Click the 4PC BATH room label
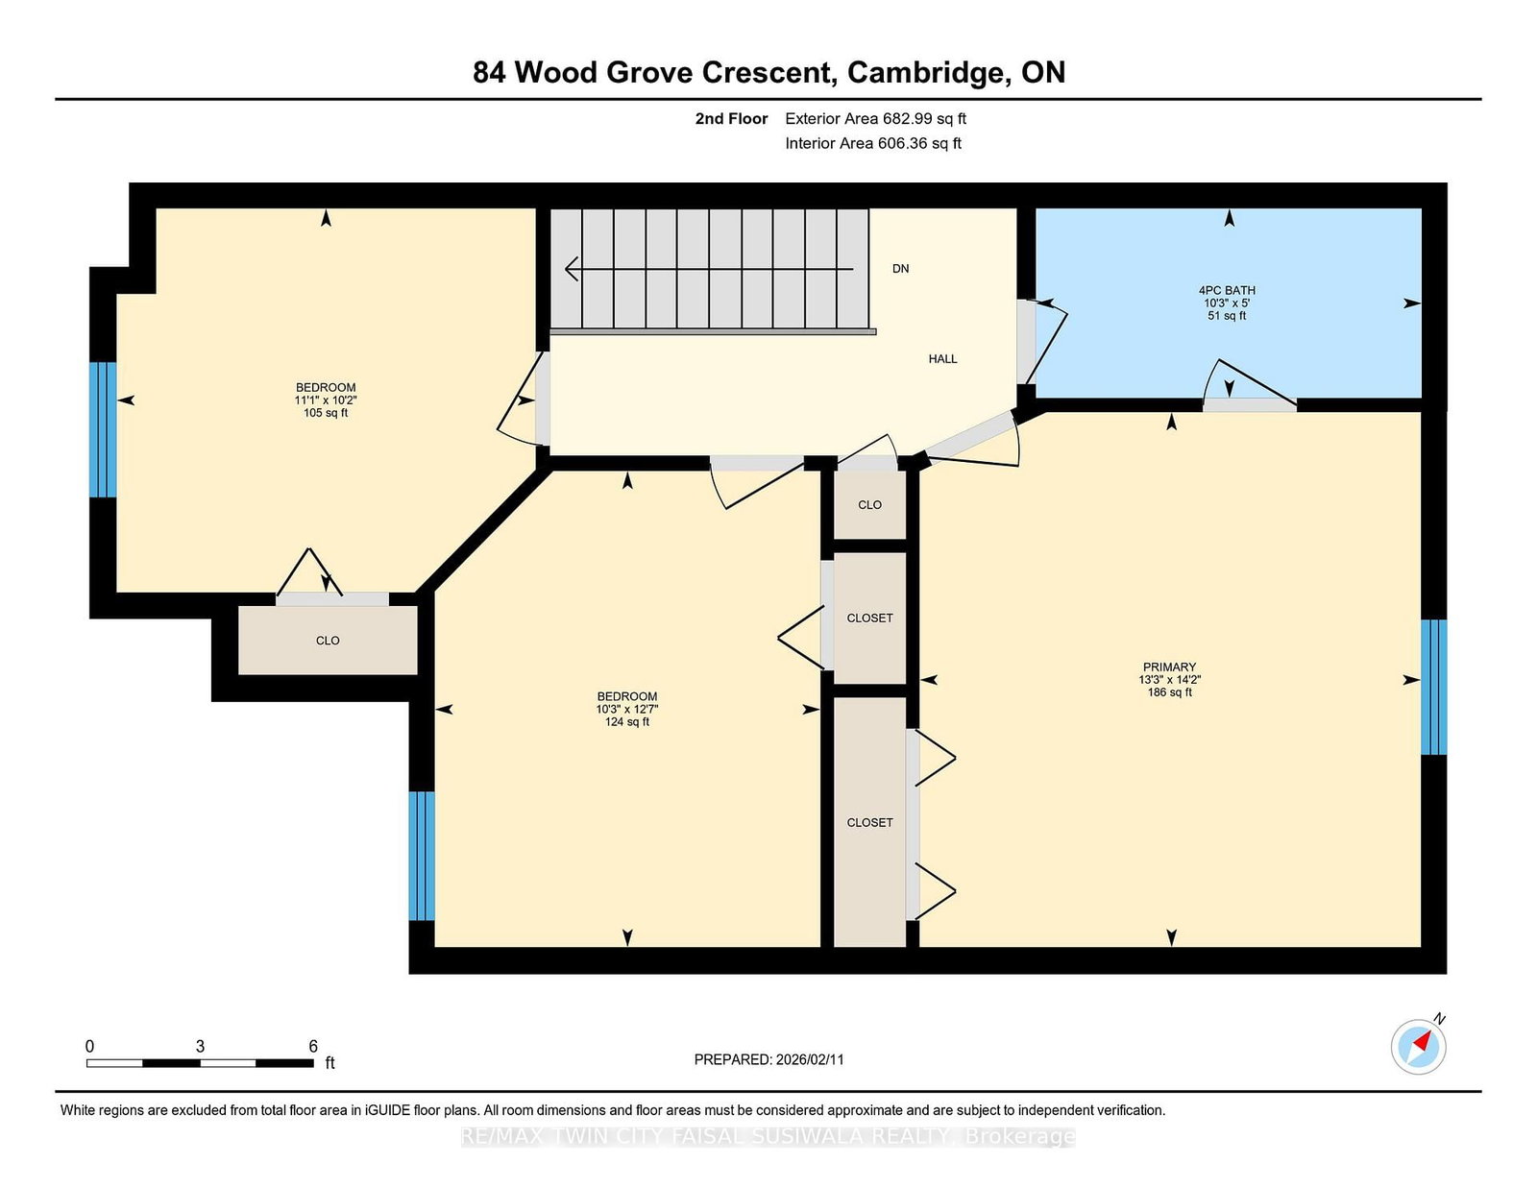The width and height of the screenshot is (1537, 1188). pyautogui.click(x=1227, y=290)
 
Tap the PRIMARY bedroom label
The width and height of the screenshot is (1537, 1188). pyautogui.click(x=1169, y=667)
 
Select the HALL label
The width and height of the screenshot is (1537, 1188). pyautogui.click(x=943, y=358)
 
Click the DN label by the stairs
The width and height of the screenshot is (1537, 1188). pyautogui.click(x=900, y=269)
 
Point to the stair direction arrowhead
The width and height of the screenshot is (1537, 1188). pyautogui.click(x=572, y=269)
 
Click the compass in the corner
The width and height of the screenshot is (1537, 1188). pyautogui.click(x=1419, y=1047)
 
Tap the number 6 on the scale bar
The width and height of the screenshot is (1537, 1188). pyautogui.click(x=313, y=1046)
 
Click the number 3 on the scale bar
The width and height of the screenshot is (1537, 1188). pyautogui.click(x=200, y=1046)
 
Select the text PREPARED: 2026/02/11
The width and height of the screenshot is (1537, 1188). pyautogui.click(x=768, y=1059)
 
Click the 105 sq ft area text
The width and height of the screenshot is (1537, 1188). pyautogui.click(x=326, y=413)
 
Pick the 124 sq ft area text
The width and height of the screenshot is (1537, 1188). pyautogui.click(x=626, y=722)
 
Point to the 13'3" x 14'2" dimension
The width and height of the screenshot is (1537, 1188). pyautogui.click(x=1169, y=680)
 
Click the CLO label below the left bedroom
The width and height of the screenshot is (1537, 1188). pyautogui.click(x=328, y=641)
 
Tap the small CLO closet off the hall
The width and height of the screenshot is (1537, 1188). pyautogui.click(x=870, y=505)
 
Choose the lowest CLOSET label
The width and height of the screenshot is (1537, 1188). pyautogui.click(x=870, y=822)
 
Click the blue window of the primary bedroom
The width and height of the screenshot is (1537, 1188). pyautogui.click(x=1433, y=688)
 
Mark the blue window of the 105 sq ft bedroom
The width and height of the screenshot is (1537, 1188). pyautogui.click(x=103, y=430)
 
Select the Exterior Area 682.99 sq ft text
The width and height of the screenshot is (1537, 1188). pyautogui.click(x=876, y=119)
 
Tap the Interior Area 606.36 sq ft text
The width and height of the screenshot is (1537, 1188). pyautogui.click(x=873, y=143)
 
